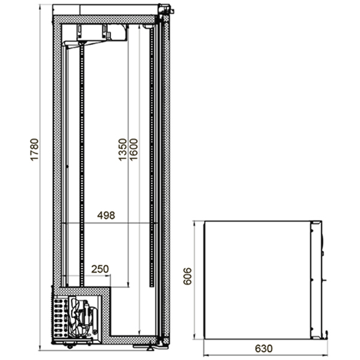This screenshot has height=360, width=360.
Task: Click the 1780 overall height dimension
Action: click(34, 149)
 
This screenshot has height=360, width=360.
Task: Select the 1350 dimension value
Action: click(122, 149)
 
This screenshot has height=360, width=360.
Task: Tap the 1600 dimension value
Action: click(133, 149)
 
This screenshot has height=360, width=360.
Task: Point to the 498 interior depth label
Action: click(106, 215)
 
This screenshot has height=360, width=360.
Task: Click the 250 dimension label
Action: click(100, 269)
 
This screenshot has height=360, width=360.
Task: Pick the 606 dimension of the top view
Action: click(188, 276)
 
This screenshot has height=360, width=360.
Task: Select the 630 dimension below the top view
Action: click(264, 349)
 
